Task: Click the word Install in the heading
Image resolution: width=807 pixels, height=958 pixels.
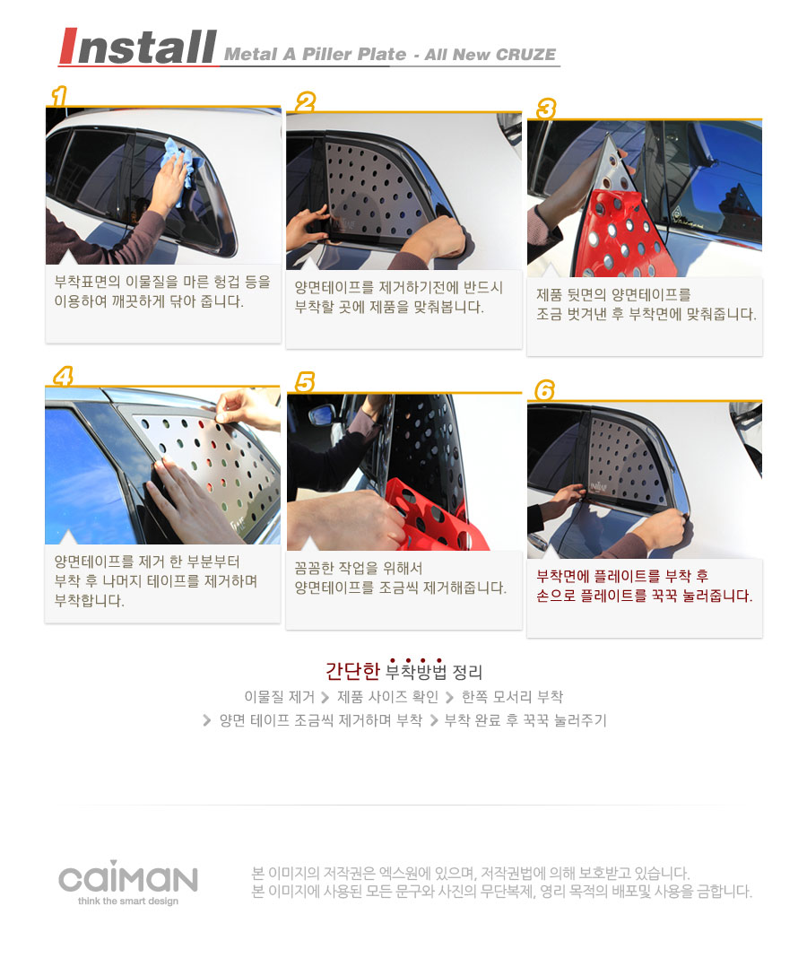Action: [x=138, y=47]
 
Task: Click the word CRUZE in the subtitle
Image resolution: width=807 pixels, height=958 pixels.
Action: [x=525, y=55]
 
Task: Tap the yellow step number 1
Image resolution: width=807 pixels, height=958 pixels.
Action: [x=59, y=96]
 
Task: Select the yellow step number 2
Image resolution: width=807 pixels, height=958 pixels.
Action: [x=305, y=102]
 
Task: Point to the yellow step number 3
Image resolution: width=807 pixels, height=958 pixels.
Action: [x=545, y=109]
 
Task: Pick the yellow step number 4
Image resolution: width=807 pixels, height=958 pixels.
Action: [x=63, y=376]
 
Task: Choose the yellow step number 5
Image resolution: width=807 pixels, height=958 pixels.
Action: [x=304, y=382]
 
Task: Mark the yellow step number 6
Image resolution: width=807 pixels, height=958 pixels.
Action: [x=544, y=390]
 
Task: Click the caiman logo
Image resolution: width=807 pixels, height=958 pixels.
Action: [x=128, y=877]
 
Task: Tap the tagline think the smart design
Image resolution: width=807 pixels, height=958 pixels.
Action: [x=128, y=901]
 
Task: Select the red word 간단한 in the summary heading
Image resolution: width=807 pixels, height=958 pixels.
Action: [x=352, y=671]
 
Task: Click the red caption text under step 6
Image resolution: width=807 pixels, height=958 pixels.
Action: [x=644, y=586]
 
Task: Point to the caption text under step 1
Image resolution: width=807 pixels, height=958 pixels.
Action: [x=162, y=292]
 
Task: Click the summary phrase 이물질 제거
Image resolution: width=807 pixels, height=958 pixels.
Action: [x=279, y=696]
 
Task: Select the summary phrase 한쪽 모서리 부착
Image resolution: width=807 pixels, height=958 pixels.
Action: [x=512, y=696]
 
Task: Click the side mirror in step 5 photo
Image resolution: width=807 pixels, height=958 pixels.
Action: [x=322, y=415]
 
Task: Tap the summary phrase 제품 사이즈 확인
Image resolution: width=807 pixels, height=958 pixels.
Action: [x=388, y=696]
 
